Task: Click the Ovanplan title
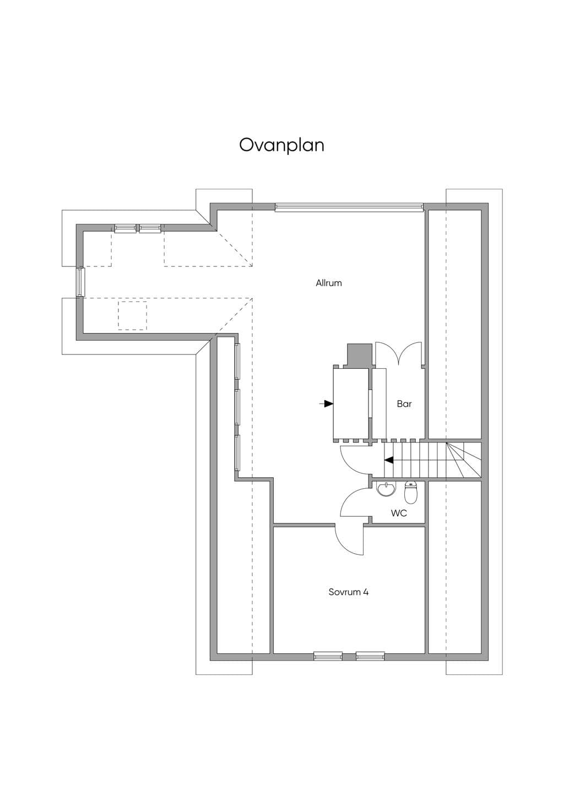click(x=281, y=145)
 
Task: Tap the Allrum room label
click(x=329, y=283)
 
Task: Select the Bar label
click(x=404, y=403)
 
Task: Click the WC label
click(x=399, y=513)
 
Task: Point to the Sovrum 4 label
click(x=348, y=592)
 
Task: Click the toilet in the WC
click(x=411, y=493)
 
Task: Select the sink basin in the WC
click(x=386, y=489)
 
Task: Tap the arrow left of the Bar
click(x=326, y=403)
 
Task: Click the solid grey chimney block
click(x=360, y=354)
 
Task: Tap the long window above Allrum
click(x=349, y=207)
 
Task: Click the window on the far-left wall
click(x=81, y=282)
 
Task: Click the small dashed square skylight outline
click(x=132, y=315)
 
